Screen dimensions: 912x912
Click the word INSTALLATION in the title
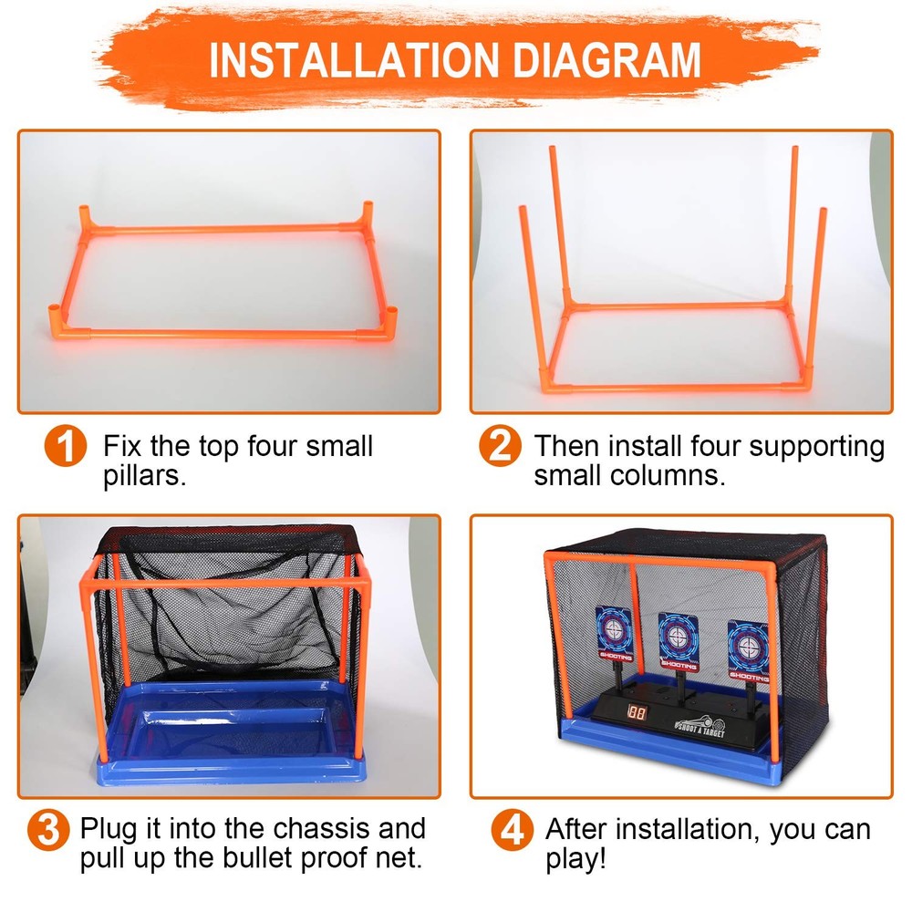[354, 60]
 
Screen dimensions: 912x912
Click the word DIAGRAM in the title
[606, 60]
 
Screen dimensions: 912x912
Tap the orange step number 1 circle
[66, 446]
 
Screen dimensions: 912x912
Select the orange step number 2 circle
[500, 446]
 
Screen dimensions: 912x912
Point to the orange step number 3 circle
[49, 830]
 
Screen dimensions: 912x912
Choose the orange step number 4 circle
[512, 830]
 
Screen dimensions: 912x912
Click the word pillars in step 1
[145, 476]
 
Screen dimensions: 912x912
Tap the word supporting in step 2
[816, 447]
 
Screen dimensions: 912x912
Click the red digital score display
[637, 713]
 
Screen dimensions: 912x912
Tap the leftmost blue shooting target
[614, 634]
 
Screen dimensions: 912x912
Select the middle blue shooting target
[679, 641]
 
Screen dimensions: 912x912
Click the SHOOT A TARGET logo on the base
[700, 728]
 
